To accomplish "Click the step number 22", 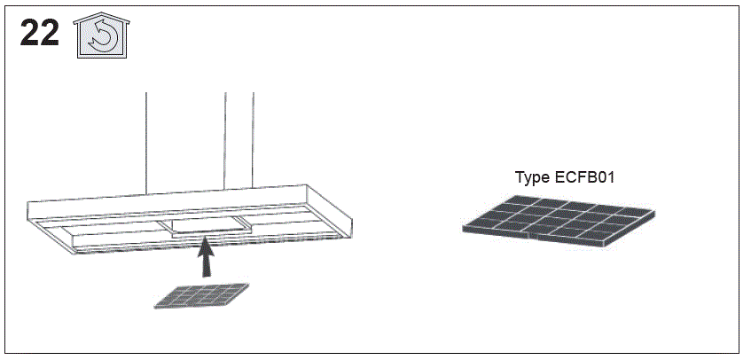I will click(40, 33).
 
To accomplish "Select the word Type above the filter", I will click(533, 177).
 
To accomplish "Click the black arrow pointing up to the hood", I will click(206, 260).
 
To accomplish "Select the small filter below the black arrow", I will click(202, 295).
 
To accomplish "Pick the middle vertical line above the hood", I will click(226, 141).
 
